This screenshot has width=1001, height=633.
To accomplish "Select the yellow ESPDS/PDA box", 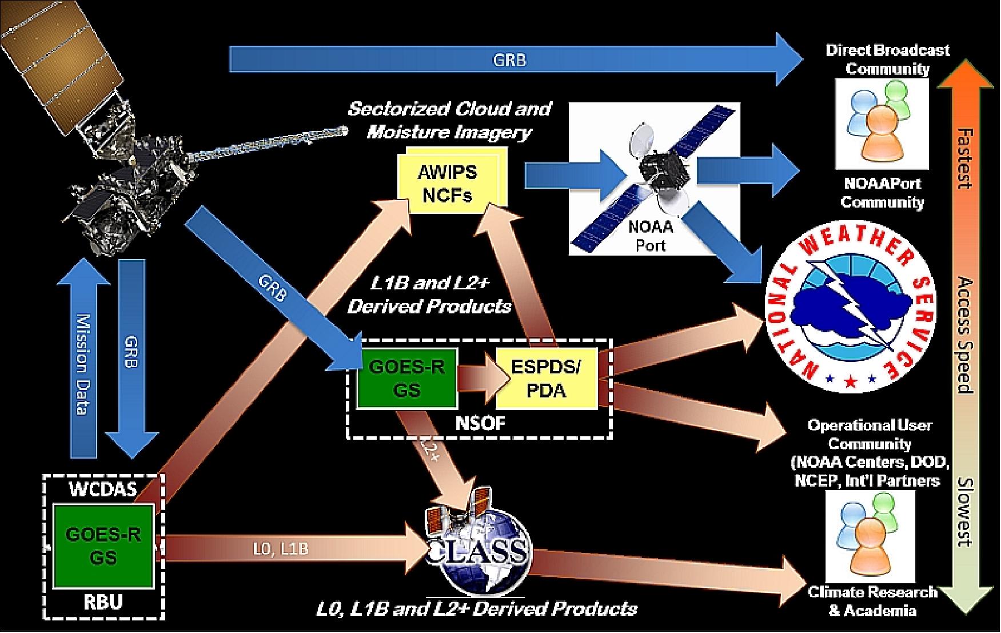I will (x=546, y=378).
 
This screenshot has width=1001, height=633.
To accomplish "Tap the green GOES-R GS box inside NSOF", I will (x=406, y=378).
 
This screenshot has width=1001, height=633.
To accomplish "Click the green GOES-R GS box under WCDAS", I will (x=103, y=546).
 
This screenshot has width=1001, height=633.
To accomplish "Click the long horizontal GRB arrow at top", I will (x=509, y=59).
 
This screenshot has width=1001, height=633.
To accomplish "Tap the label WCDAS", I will (x=103, y=490).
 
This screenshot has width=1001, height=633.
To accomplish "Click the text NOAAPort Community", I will (x=882, y=193).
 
